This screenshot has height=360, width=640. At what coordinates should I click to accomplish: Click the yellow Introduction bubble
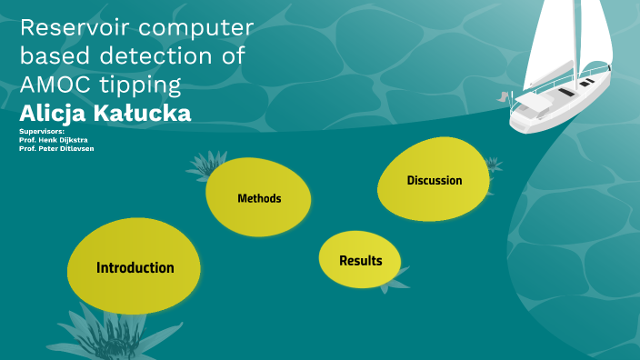coord(135,267)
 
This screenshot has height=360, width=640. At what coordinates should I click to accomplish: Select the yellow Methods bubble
coord(259,198)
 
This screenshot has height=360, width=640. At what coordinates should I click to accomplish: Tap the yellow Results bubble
coord(360,261)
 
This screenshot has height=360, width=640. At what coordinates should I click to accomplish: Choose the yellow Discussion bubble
coord(434,180)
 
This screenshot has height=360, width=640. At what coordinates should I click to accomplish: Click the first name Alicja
coord(52,114)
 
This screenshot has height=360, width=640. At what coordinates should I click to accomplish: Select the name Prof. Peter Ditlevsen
coord(56,148)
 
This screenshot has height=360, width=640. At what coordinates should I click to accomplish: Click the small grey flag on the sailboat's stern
coord(503,95)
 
